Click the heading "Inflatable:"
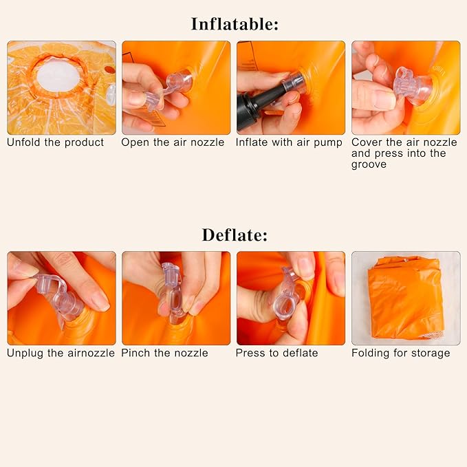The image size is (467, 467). click(x=235, y=24)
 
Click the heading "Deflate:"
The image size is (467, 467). click(x=235, y=235)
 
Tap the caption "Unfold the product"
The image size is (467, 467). click(x=56, y=142)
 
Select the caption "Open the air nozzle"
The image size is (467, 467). click(x=173, y=142)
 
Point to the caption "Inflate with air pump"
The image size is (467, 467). click(x=289, y=142)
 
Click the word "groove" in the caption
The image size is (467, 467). click(x=369, y=164)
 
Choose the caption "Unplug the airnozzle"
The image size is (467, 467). click(x=61, y=354)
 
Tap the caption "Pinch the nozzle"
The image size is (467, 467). click(x=164, y=353)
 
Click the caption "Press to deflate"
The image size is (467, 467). click(x=276, y=354)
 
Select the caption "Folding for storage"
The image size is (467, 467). click(x=400, y=354)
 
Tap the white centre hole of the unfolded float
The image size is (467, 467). click(x=58, y=76)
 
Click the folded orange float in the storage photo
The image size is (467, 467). click(x=404, y=298)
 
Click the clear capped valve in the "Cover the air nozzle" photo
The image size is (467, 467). click(x=413, y=87)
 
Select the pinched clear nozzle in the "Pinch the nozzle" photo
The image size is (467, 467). click(x=172, y=294)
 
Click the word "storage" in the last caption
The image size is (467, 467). click(x=431, y=354)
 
